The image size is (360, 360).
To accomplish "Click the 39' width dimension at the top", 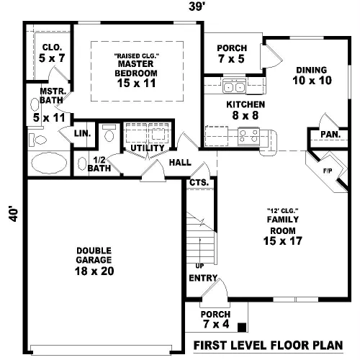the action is point(197,6).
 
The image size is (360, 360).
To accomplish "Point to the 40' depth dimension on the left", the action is point(14,214).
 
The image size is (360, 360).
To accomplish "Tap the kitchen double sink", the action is point(234,86).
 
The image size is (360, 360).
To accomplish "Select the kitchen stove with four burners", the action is point(248,137).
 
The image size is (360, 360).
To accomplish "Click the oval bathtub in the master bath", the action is point(49,163).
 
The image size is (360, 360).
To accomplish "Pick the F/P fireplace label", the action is point(328,171).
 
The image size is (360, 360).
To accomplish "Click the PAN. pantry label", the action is point(330,135).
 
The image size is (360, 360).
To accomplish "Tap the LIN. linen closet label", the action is point(82,133).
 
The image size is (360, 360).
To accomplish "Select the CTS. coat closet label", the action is point(199,183).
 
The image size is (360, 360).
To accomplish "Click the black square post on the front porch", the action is point(242,328).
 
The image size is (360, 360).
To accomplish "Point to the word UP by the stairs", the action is point(199,266).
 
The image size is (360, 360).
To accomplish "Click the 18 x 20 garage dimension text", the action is point(94,271).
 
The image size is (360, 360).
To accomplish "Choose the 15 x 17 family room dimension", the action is point(283,241).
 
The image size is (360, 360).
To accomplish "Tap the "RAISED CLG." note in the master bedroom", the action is point(137,56).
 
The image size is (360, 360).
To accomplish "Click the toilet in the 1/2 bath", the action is point(109,134).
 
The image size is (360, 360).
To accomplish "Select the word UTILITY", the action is point(148,148).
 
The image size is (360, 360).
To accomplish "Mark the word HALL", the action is point(180,163).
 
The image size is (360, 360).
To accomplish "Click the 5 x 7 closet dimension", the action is point(52,58).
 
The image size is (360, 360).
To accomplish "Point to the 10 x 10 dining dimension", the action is point(312,81).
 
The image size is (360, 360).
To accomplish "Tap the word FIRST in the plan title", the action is point(210,345).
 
